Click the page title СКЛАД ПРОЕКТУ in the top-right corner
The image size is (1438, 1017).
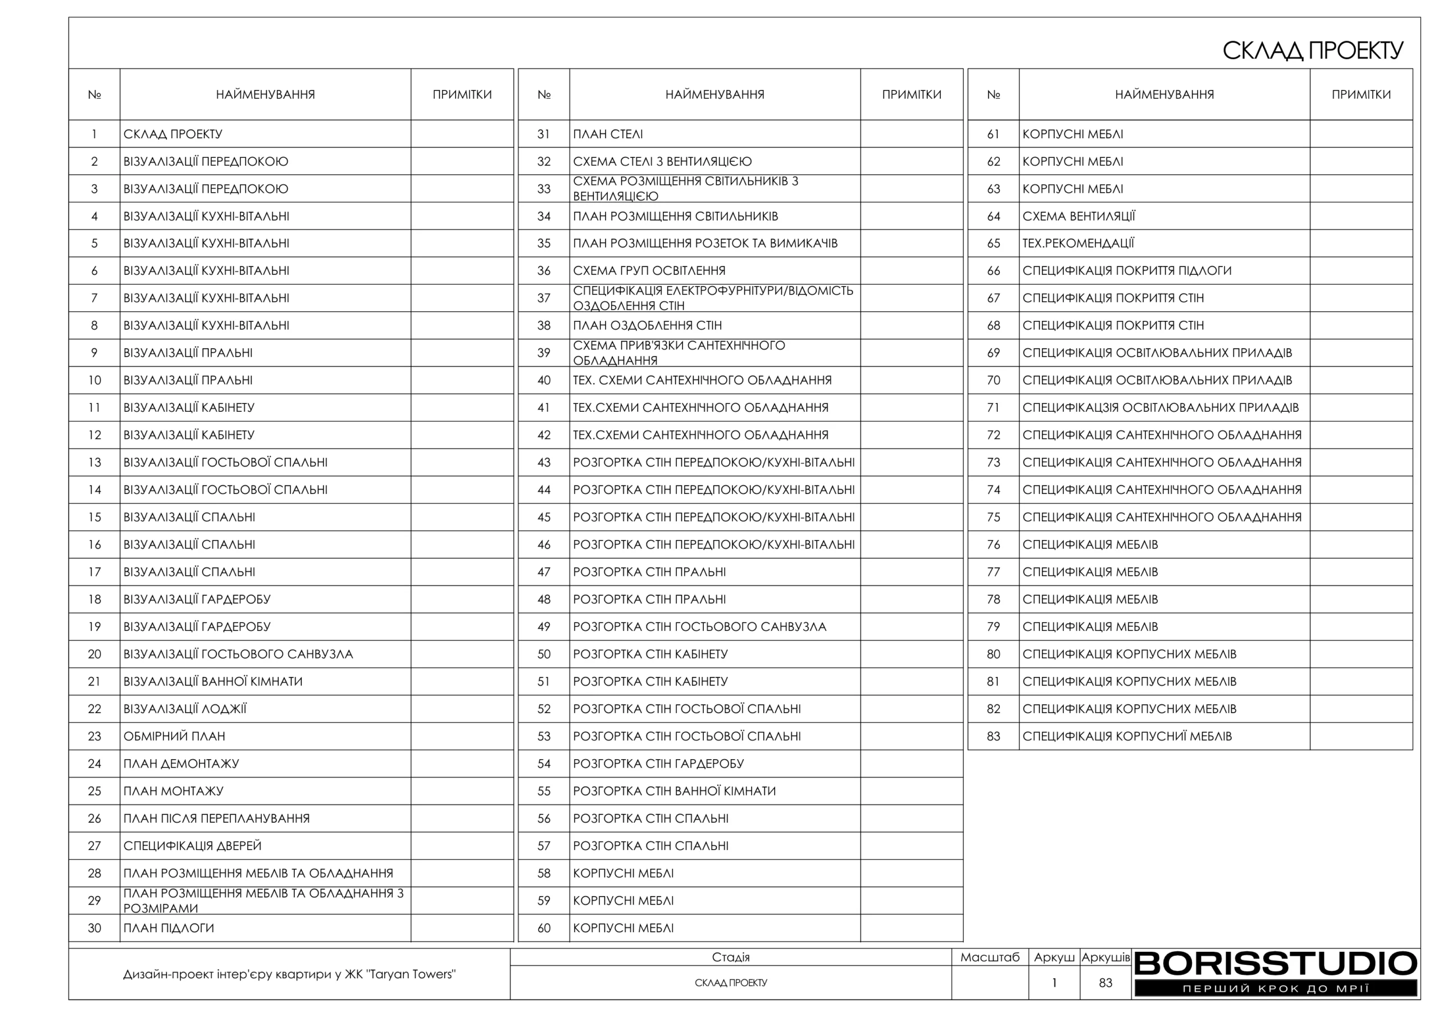pos(1312,51)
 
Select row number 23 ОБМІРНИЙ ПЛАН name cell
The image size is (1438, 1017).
pos(174,736)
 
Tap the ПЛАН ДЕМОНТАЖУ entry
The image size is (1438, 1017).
pos(181,764)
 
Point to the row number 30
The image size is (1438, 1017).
pos(94,928)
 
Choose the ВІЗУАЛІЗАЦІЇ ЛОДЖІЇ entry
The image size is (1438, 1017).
pos(185,709)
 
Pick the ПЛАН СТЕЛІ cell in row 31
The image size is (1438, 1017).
pos(608,134)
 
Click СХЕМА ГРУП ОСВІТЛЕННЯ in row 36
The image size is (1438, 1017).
pos(649,271)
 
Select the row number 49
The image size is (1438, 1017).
pos(544,626)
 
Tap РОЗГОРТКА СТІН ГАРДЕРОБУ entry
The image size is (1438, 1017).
pos(658,764)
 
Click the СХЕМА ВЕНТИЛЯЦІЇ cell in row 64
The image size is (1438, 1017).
pos(1078,216)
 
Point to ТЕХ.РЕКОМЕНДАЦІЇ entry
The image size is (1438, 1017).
pos(1078,243)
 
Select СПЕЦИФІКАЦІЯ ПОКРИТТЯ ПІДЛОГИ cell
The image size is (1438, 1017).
pos(1127,271)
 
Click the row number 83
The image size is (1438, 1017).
pos(993,736)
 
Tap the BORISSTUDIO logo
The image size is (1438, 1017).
pos(1275,973)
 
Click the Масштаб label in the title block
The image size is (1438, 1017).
pos(990,957)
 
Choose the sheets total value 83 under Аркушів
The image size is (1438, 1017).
pos(1105,983)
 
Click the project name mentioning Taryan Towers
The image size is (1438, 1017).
pos(289,974)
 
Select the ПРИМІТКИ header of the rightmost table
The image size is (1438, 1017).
pos(1361,94)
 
